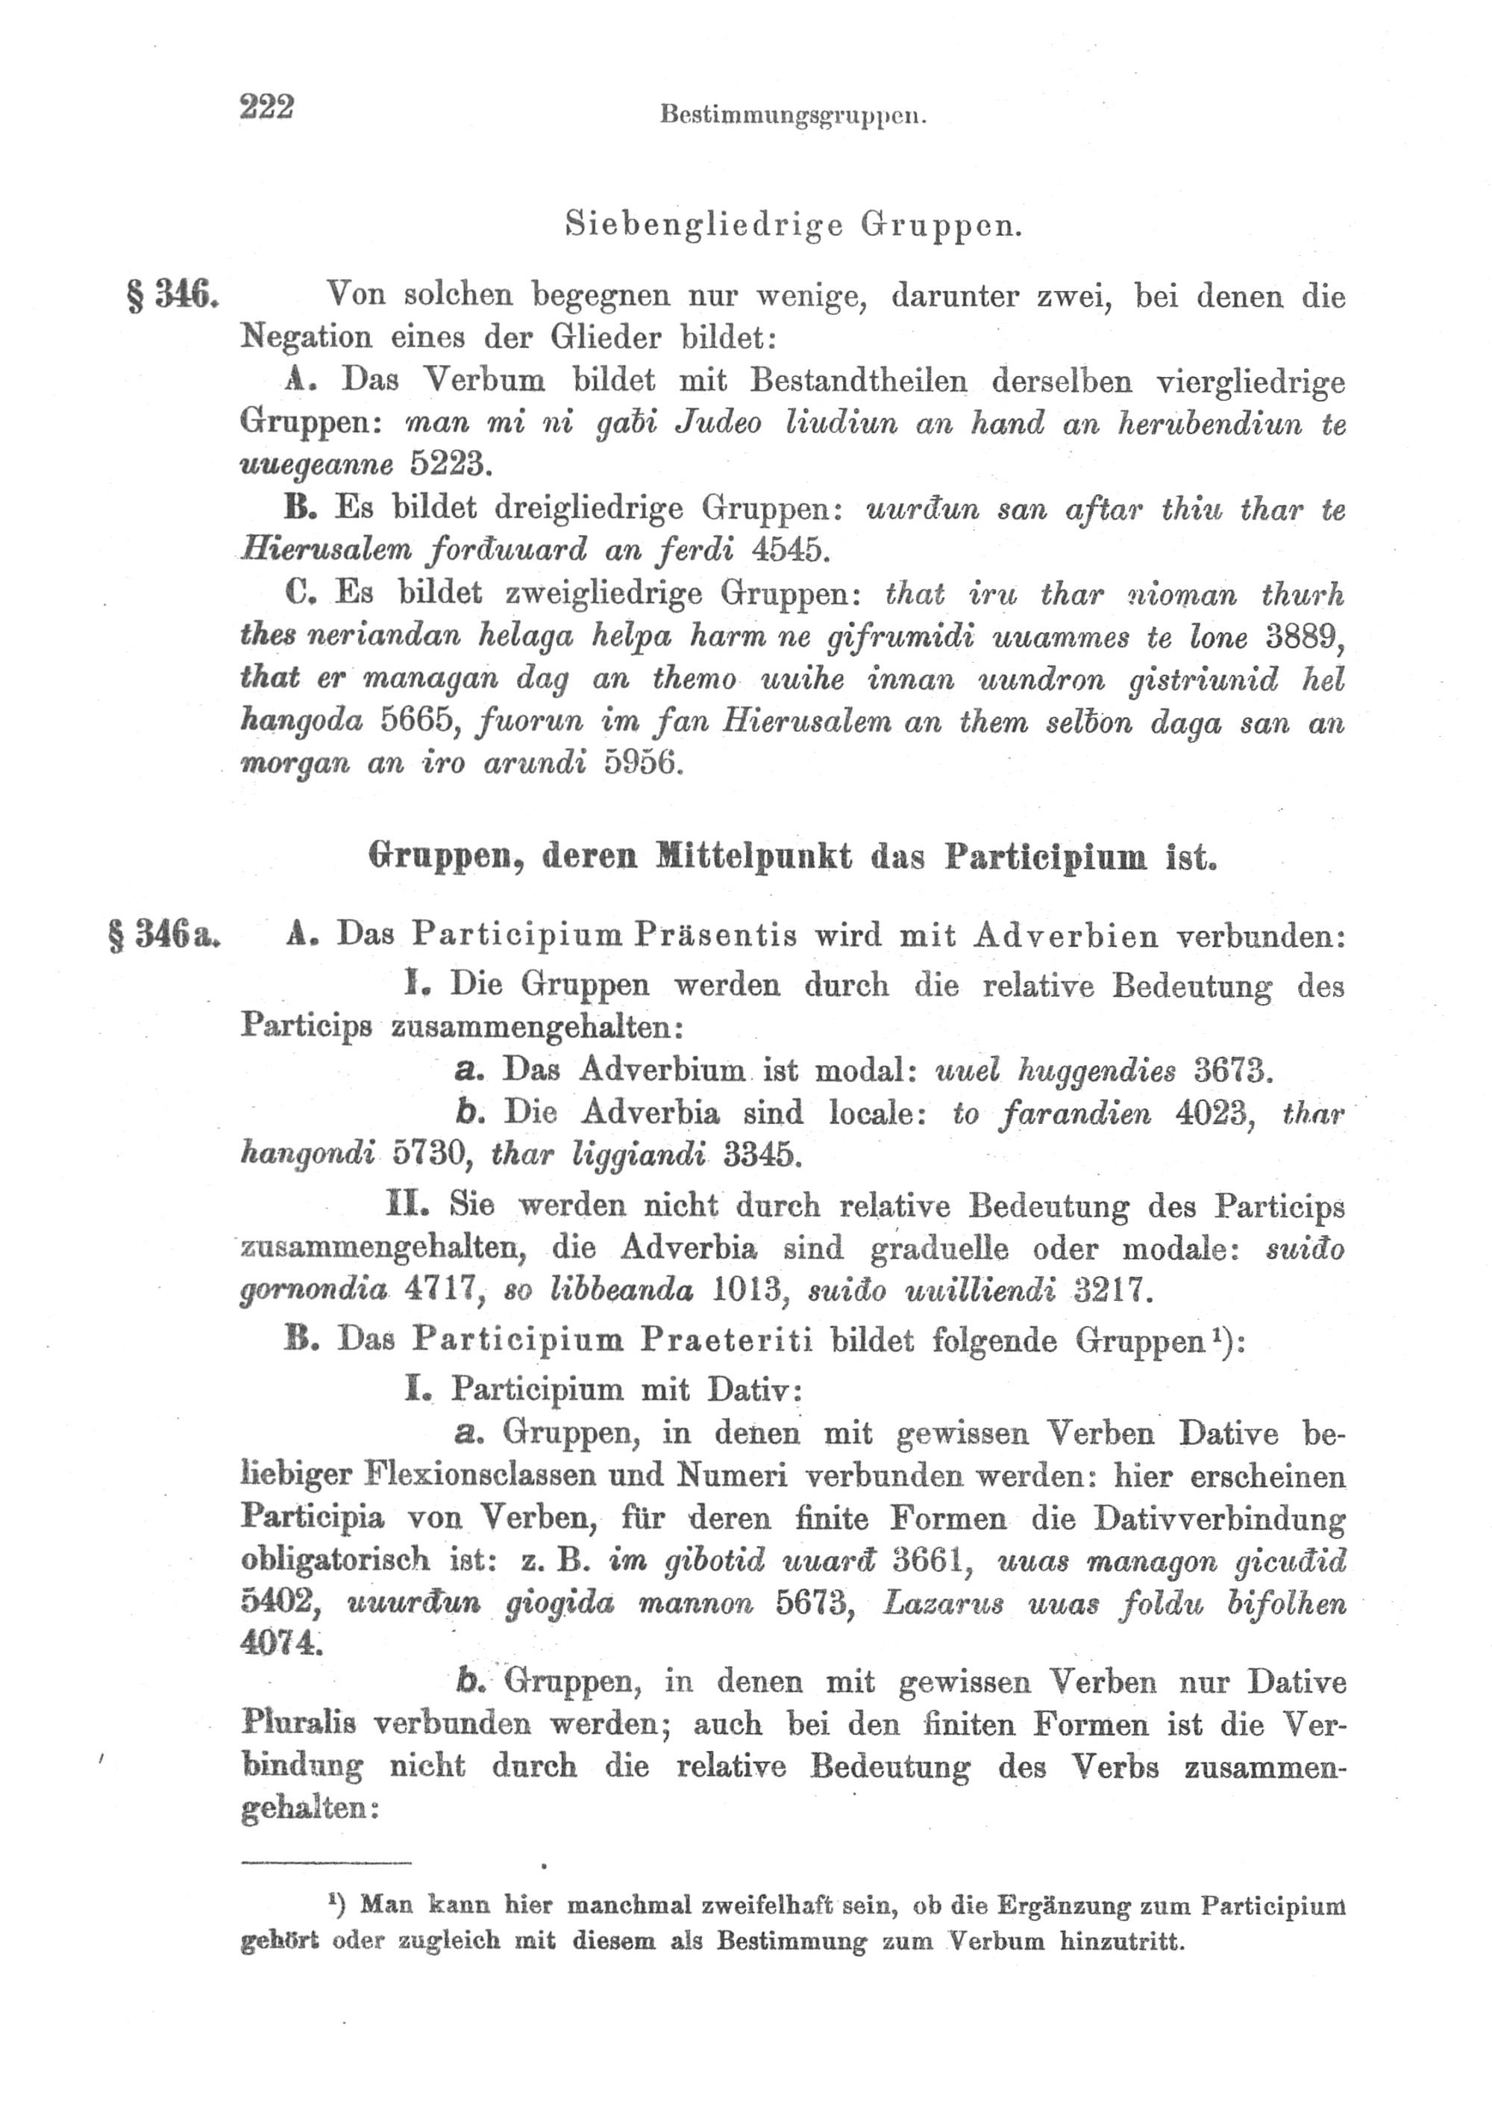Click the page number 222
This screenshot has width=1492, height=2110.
click(266, 107)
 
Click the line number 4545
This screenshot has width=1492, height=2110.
click(790, 549)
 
